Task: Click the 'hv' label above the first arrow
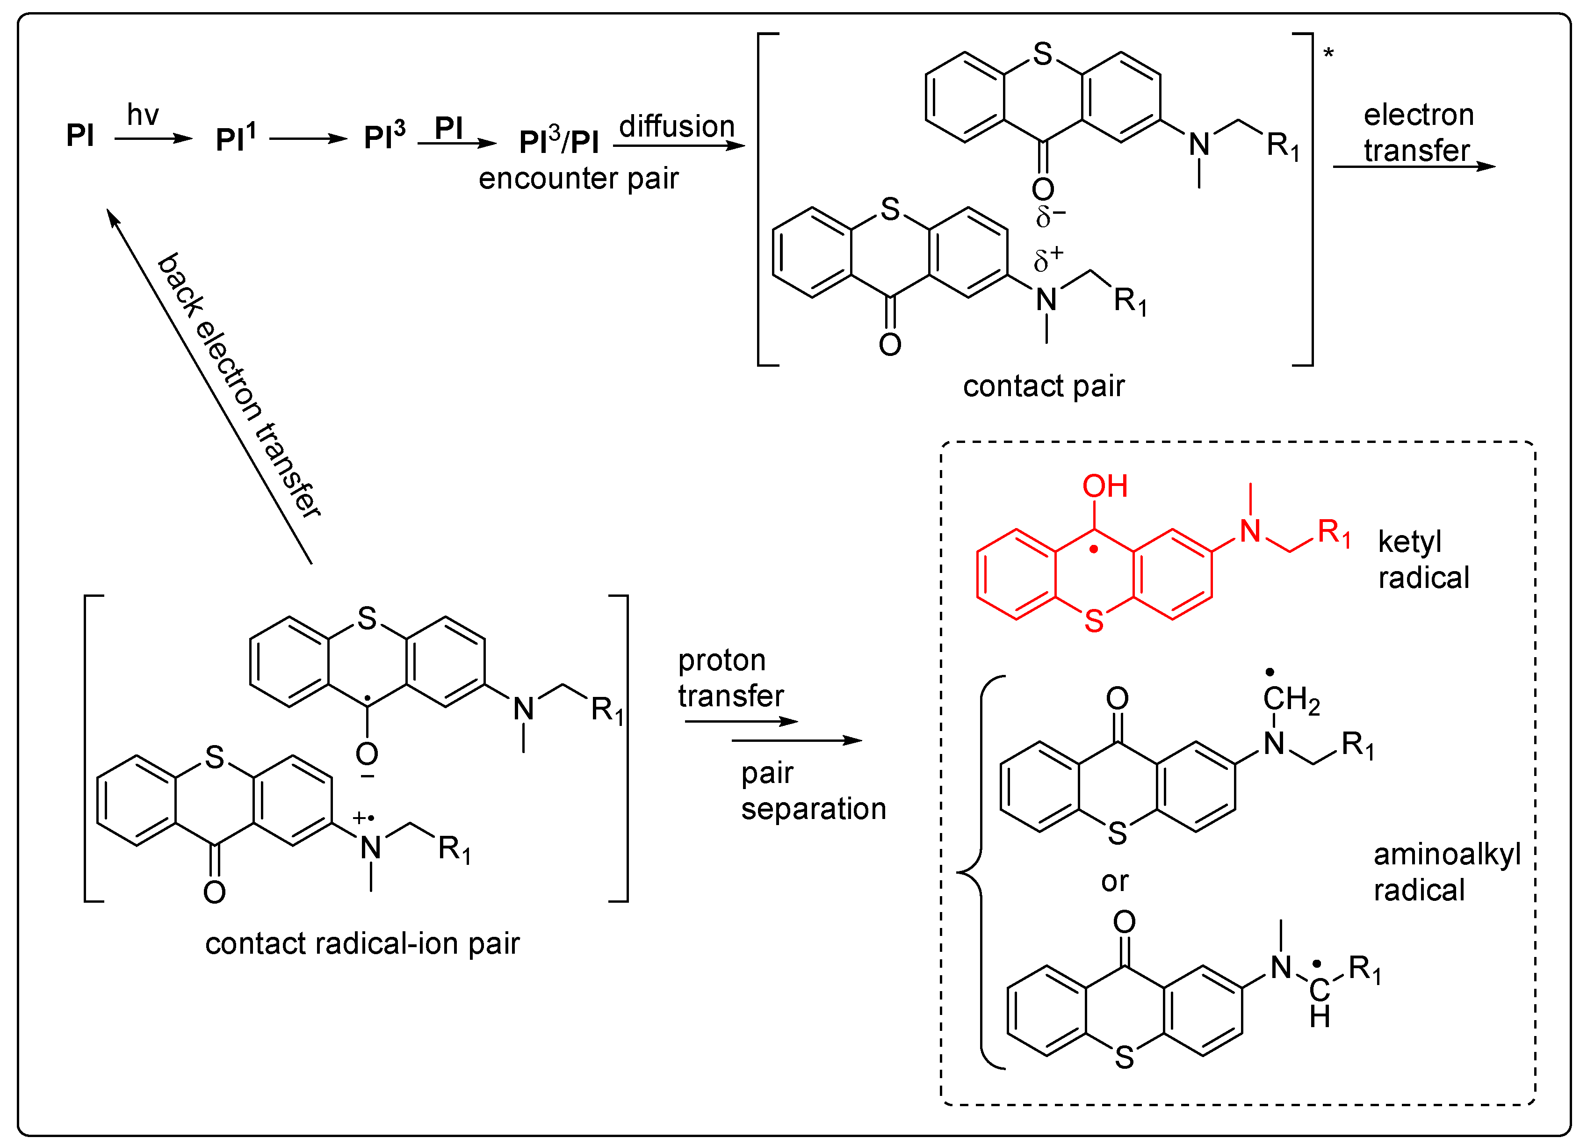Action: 143,115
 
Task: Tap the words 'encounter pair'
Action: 578,178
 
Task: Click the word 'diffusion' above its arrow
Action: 677,126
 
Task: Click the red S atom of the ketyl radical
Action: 1094,620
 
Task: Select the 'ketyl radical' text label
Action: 1423,559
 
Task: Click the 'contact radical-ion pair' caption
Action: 362,943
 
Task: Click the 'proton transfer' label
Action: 730,677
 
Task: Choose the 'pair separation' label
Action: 812,791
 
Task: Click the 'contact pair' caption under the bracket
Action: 1044,386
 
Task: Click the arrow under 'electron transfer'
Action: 1414,167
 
